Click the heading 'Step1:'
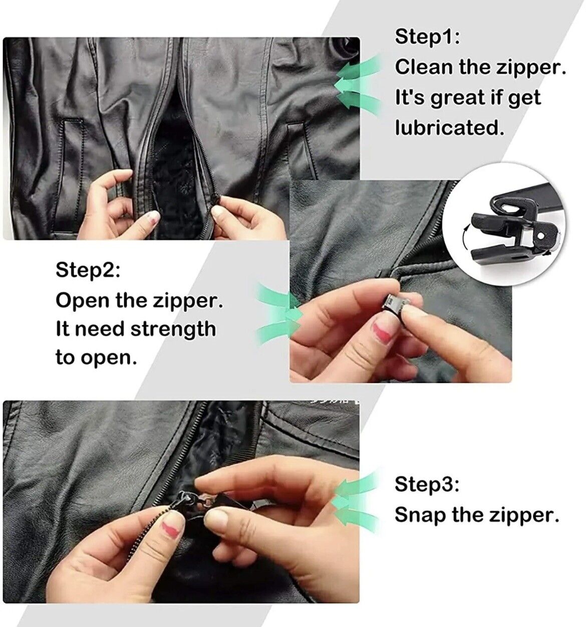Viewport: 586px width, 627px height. (427, 37)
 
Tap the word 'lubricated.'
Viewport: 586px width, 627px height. (449, 128)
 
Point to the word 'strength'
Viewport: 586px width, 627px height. (173, 329)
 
